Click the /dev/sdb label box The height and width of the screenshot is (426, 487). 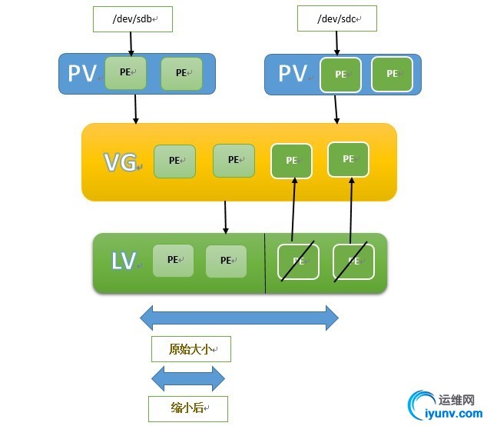[x=132, y=19]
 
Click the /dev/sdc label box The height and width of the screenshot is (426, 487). [x=337, y=18]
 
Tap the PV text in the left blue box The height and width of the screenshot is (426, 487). [x=82, y=74]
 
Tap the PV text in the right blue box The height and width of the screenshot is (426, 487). [x=293, y=74]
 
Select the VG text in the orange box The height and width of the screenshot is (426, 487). [x=121, y=162]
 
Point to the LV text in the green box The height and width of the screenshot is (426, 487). [x=123, y=261]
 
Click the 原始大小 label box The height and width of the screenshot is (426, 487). [x=190, y=350]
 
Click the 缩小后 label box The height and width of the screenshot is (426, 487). [x=188, y=408]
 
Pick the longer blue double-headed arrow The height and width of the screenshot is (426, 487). [x=239, y=318]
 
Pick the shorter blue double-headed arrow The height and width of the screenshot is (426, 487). [x=188, y=378]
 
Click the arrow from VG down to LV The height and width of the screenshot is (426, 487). [x=225, y=218]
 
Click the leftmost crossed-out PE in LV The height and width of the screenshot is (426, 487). [x=298, y=261]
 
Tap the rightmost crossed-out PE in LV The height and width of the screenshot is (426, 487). [x=353, y=261]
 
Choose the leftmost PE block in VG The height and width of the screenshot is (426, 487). [x=174, y=161]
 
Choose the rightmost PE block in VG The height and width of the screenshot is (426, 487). [x=348, y=159]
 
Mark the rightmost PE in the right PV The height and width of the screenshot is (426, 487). [x=392, y=74]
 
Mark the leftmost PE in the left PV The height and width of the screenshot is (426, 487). [x=125, y=72]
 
